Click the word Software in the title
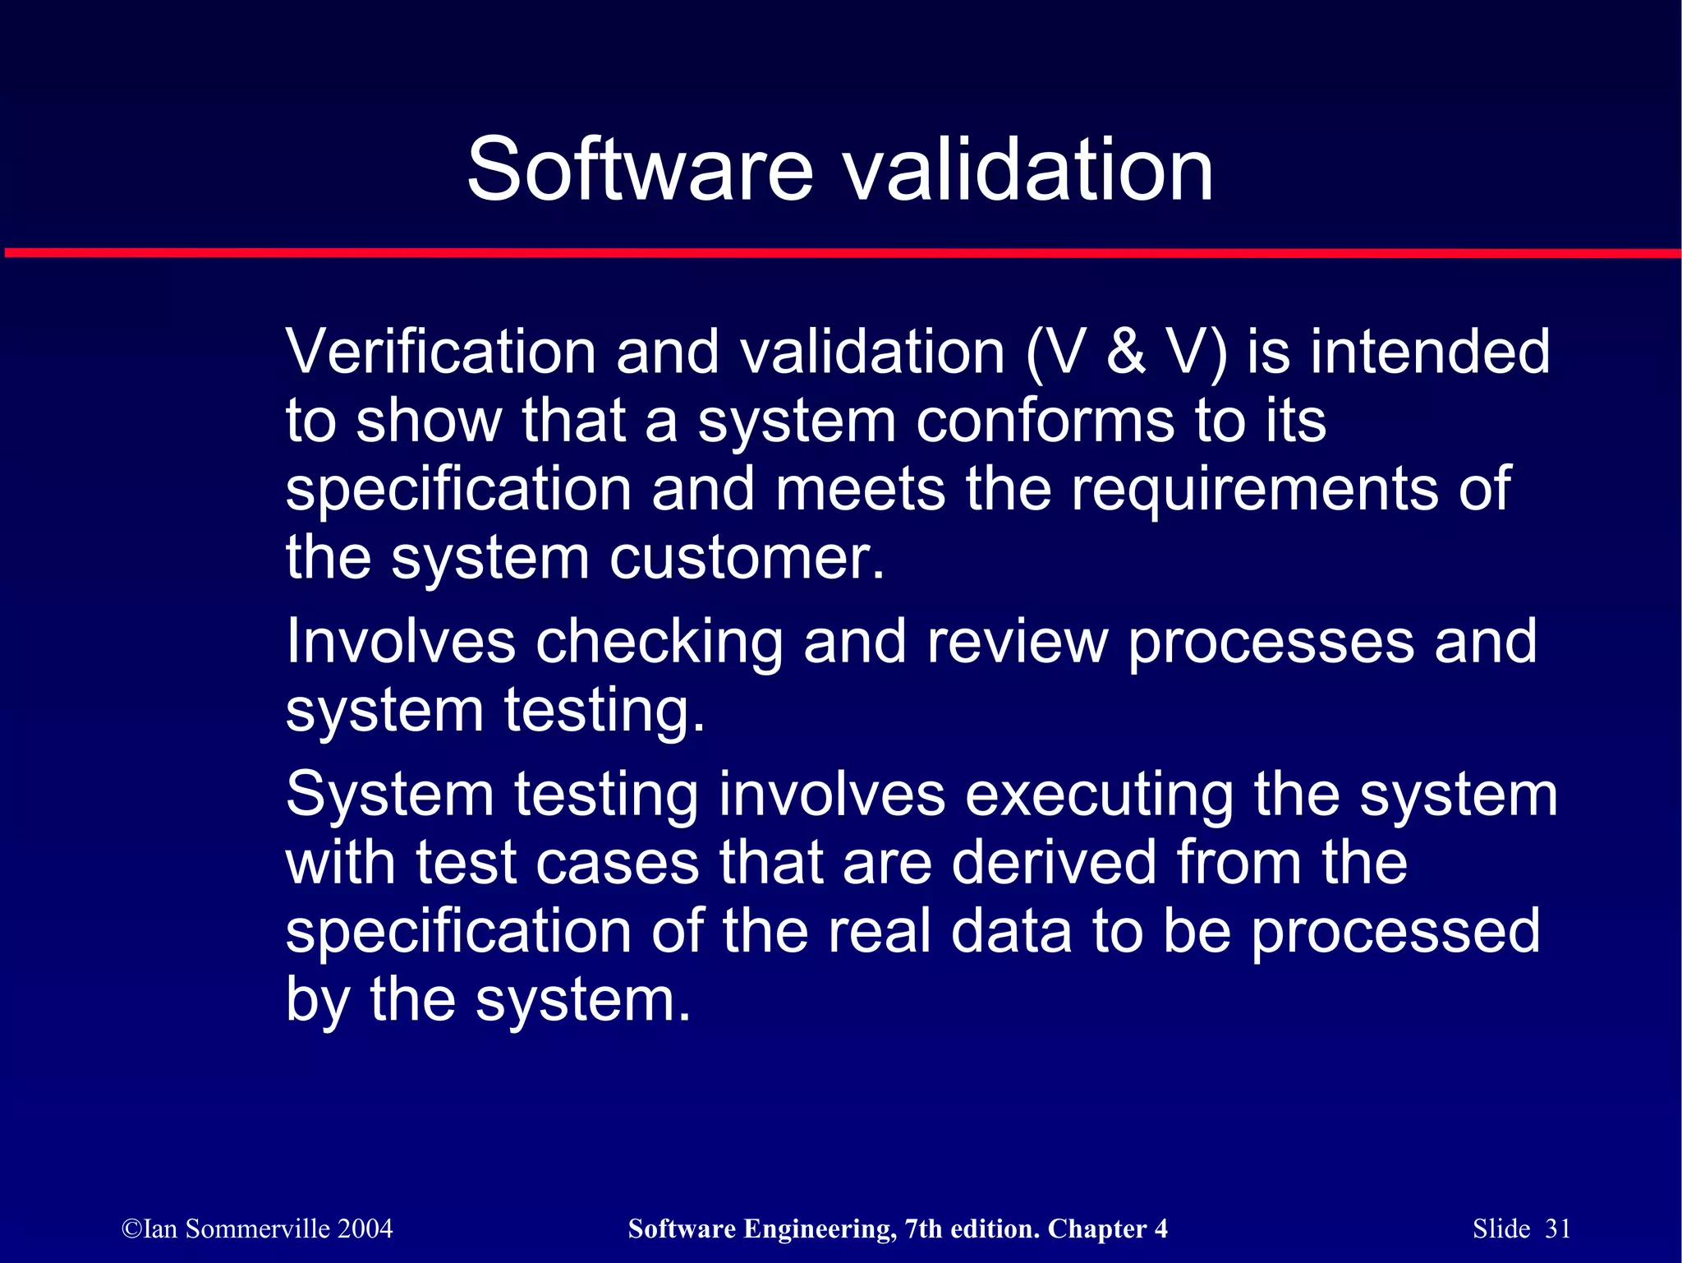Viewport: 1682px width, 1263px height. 640,170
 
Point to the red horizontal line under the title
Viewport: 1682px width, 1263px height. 841,253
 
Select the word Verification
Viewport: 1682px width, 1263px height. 440,352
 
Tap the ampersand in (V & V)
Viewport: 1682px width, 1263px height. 1126,352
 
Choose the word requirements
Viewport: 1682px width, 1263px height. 1255,490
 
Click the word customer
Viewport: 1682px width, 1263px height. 747,558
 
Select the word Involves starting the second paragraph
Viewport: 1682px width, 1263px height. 401,642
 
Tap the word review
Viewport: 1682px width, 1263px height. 1017,642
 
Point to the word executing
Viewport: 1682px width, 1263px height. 1099,795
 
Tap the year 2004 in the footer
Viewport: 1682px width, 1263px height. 365,1228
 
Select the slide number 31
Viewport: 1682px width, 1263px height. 1558,1228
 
